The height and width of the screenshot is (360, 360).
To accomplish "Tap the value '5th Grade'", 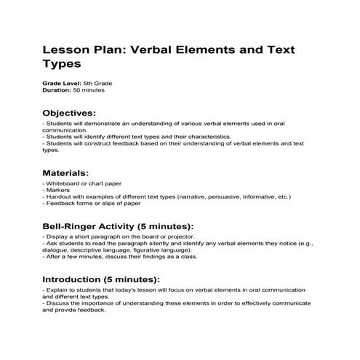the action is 97,84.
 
